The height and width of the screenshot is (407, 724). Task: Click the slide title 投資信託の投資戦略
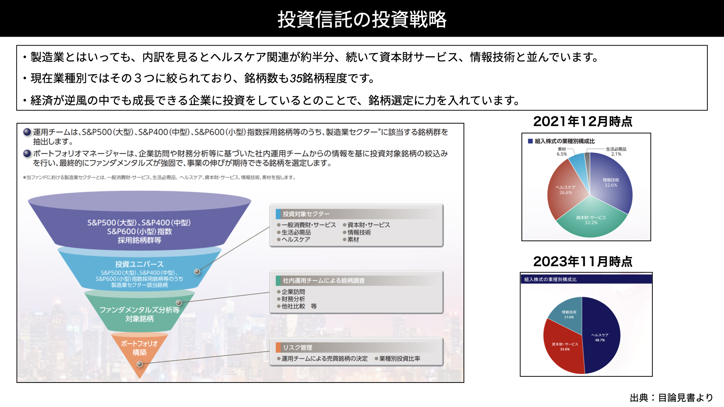point(362,19)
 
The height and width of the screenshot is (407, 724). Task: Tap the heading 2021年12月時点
point(583,121)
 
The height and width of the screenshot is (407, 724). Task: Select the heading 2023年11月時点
point(583,261)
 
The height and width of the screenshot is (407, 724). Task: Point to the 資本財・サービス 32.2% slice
point(591,220)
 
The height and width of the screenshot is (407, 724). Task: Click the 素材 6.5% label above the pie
point(562,151)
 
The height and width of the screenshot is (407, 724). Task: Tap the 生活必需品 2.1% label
point(616,151)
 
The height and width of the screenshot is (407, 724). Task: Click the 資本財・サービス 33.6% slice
point(564,347)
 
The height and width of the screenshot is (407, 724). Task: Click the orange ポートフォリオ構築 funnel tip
point(140,352)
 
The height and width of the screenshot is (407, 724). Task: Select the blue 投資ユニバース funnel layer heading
point(140,264)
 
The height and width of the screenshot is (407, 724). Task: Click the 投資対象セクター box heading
point(306,214)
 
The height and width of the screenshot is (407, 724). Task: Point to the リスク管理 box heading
point(298,347)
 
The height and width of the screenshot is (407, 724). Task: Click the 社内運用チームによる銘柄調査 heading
point(324,281)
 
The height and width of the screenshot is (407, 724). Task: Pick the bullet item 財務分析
point(293,299)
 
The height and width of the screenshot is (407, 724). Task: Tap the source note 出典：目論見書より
point(672,398)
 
